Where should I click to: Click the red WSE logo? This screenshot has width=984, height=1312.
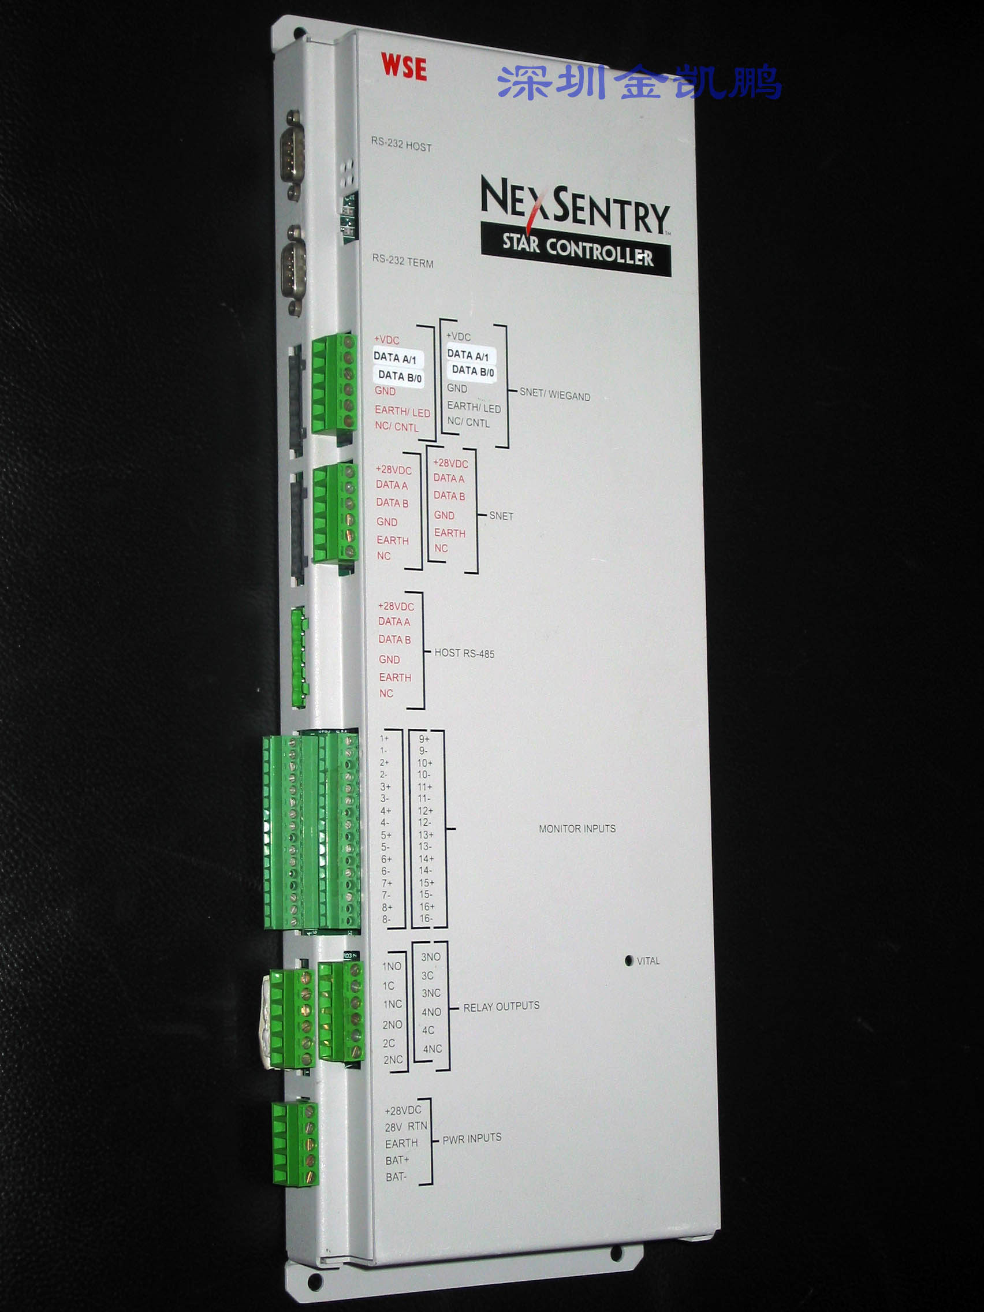coord(403,66)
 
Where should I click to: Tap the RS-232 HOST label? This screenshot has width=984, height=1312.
coord(401,144)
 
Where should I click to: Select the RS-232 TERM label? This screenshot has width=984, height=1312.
coord(402,261)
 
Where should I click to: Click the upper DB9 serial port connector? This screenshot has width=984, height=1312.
coord(293,153)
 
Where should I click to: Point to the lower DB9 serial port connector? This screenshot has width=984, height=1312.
coord(292,268)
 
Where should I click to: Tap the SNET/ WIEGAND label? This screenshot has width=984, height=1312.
coord(554,395)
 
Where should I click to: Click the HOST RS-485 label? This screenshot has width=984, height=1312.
coord(464,653)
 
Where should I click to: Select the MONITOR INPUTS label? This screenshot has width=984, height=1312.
coord(576,829)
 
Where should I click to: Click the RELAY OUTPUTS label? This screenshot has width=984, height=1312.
coord(501,1007)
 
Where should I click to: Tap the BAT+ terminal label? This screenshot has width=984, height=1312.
coord(397,1160)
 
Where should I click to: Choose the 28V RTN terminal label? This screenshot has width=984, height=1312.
coord(405,1127)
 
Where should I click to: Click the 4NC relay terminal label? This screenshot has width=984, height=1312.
coord(433,1049)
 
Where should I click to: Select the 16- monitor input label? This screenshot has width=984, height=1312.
coord(425,919)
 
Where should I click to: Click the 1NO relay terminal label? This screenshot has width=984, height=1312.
coord(392,966)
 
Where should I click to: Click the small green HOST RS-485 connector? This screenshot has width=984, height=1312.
coord(299,657)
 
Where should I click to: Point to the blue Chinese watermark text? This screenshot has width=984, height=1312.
coord(639,82)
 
